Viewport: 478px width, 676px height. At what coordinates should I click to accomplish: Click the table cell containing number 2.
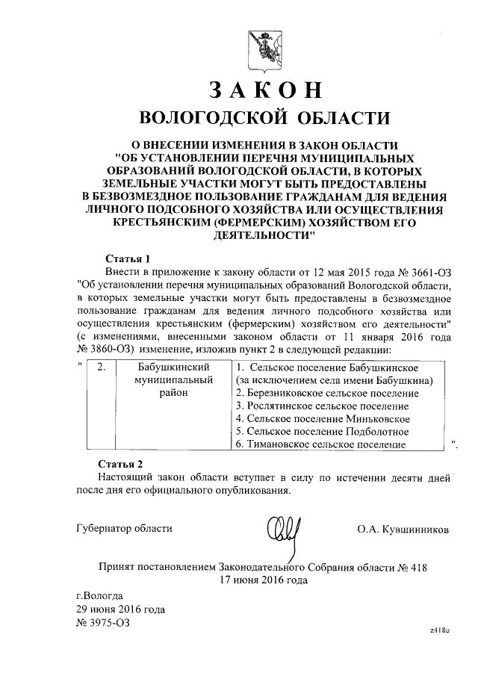[x=102, y=368]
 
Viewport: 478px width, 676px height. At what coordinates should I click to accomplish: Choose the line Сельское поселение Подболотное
[x=322, y=431]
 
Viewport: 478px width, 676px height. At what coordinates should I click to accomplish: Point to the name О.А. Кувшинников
[x=403, y=529]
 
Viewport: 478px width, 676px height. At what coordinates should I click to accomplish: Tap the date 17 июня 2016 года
[x=263, y=580]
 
